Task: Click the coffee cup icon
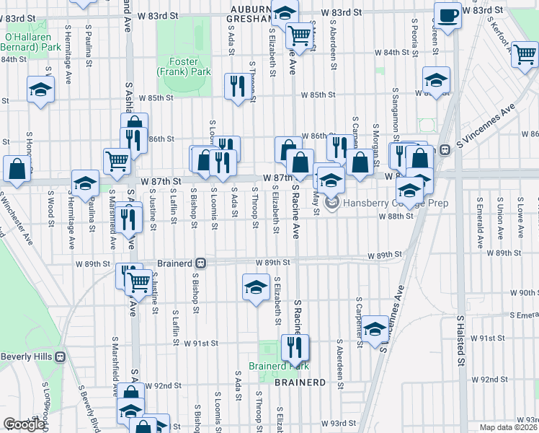click(447, 17)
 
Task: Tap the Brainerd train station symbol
click(202, 263)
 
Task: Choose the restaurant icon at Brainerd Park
click(295, 347)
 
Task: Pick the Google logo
click(24, 424)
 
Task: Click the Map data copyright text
click(508, 427)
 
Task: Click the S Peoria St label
click(416, 43)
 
